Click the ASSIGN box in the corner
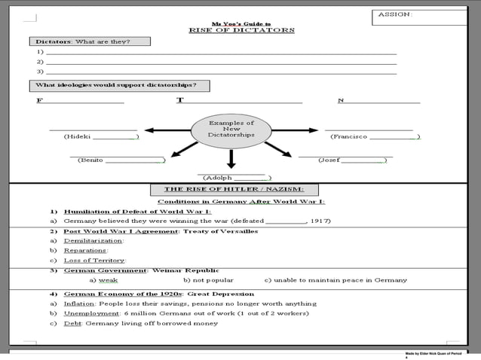418,15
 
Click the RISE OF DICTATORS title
240,30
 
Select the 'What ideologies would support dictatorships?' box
118,85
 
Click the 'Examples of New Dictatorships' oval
231,130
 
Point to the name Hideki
78,137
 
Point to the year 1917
320,221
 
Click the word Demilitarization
93,241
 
